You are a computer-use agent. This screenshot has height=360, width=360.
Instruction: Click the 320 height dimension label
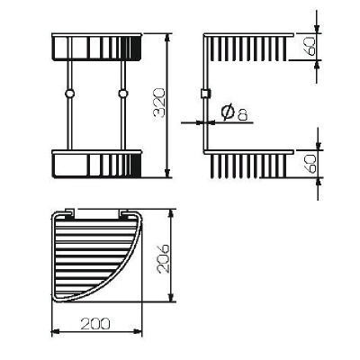[x=158, y=103]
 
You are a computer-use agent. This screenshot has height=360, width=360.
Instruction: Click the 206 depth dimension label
[x=163, y=258]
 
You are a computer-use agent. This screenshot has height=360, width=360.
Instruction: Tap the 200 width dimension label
[x=95, y=324]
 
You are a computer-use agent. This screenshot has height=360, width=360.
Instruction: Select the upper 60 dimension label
[x=311, y=46]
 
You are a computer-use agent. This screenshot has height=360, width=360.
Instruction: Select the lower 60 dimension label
[x=311, y=164]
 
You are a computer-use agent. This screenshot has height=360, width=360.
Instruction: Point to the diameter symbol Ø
[x=228, y=112]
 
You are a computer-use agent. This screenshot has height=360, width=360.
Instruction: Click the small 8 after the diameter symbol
[x=243, y=115]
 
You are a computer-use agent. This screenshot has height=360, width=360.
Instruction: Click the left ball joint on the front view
[x=69, y=94]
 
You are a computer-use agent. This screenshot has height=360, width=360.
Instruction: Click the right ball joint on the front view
[x=122, y=94]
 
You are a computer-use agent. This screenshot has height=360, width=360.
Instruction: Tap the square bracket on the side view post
[x=205, y=94]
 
